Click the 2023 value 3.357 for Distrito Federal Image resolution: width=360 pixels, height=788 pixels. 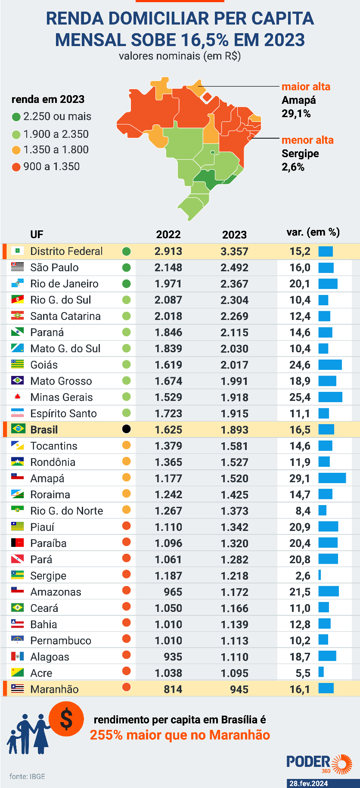coord(234,251)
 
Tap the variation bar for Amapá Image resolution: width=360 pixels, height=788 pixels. coord(332,478)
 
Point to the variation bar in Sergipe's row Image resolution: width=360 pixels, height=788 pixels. coord(320,575)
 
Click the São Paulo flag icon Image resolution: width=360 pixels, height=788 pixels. coord(18,267)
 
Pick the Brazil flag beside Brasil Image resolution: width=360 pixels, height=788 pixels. coord(18,429)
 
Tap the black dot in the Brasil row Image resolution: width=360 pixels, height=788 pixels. coord(126,429)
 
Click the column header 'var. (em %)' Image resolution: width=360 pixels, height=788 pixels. coord(313,233)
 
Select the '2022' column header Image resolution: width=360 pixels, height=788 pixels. coord(168,234)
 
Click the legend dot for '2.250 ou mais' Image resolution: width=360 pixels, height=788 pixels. coord(16,117)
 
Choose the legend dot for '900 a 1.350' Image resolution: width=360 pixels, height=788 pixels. coord(16,167)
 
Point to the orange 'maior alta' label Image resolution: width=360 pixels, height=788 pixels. coord(306,87)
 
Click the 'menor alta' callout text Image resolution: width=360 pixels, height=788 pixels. coord(307,140)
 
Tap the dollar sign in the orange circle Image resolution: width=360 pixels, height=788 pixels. coord(66,720)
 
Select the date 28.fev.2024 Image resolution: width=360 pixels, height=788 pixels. coord(308,783)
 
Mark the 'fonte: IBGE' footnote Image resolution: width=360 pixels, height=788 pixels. coord(27,776)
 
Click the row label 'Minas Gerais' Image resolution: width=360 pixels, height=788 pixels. coord(62,397)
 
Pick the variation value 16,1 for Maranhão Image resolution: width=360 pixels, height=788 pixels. coord(300,689)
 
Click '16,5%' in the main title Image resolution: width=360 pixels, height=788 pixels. coord(205,40)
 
